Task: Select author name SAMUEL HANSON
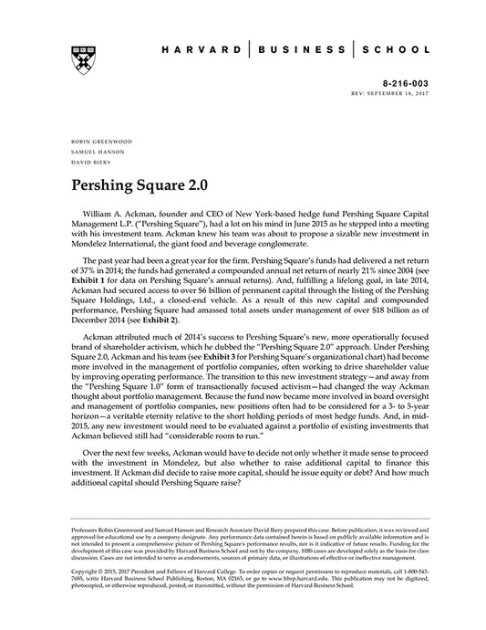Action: (91, 152)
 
